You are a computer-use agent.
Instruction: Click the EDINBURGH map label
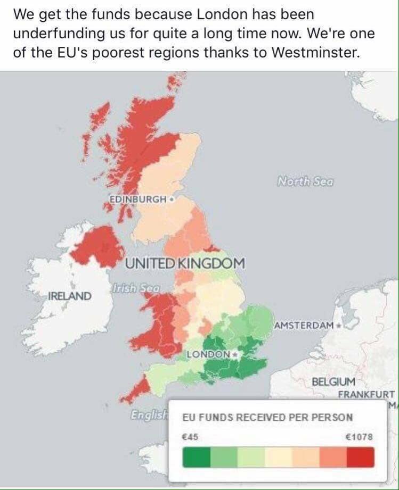pyautogui.click(x=138, y=199)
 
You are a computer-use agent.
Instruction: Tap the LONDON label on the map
pyautogui.click(x=208, y=354)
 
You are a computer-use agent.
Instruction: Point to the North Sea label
pyautogui.click(x=305, y=181)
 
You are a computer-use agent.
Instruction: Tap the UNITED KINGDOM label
pyautogui.click(x=185, y=263)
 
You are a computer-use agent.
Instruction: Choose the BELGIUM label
pyautogui.click(x=333, y=382)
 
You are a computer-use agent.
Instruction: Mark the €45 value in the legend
pyautogui.click(x=190, y=437)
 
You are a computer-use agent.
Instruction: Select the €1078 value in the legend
pyautogui.click(x=360, y=437)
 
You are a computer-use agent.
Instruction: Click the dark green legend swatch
pyautogui.click(x=196, y=457)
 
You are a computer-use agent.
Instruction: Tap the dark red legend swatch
pyautogui.click(x=360, y=457)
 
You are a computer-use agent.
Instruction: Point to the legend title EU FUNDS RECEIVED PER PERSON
pyautogui.click(x=267, y=417)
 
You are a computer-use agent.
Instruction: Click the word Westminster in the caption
pyautogui.click(x=315, y=53)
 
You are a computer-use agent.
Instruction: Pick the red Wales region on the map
pyautogui.click(x=158, y=325)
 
